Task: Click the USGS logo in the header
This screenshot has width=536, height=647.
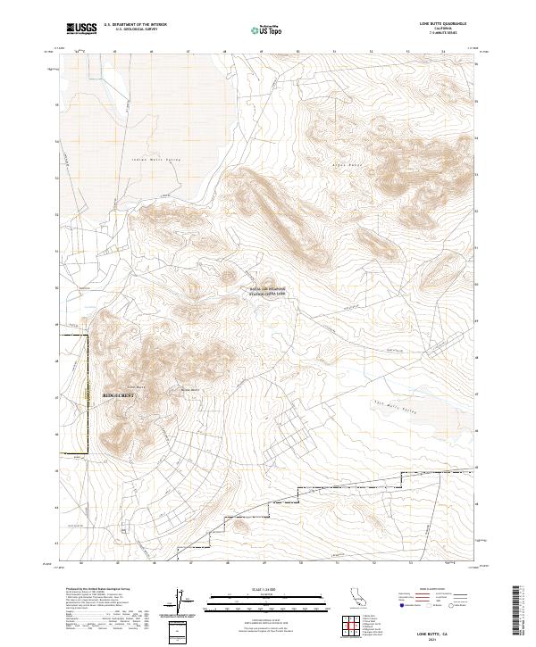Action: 81,29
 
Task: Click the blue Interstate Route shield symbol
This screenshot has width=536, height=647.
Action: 402,605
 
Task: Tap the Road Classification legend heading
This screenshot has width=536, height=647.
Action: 437,589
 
